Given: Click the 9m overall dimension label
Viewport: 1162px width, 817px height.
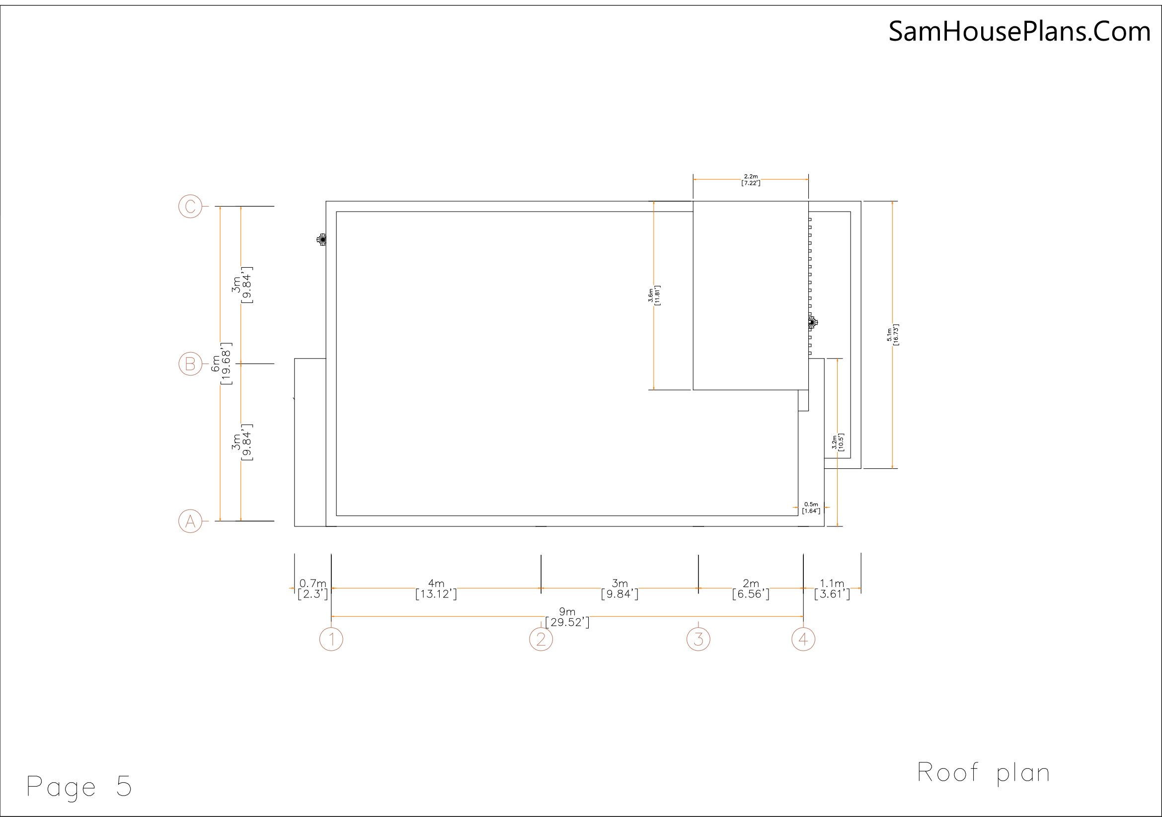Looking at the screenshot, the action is click(567, 618).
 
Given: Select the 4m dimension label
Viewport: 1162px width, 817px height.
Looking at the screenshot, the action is click(436, 590).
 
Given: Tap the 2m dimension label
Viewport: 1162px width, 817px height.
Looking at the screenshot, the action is click(751, 590).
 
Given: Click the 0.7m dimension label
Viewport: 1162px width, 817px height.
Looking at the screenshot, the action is click(313, 590).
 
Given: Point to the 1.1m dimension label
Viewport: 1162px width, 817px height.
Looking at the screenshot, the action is click(832, 590).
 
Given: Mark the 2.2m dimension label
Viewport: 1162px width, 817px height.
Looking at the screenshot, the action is click(751, 180).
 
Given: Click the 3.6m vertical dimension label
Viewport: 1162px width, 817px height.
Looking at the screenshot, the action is click(654, 296).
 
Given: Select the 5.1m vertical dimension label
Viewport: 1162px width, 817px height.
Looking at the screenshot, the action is click(893, 335).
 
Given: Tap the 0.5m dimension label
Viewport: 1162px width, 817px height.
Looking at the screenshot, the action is click(811, 508).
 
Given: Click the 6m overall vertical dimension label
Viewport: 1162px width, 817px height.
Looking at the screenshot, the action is click(222, 364).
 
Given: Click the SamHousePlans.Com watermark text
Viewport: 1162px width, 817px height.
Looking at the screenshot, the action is click(1020, 31).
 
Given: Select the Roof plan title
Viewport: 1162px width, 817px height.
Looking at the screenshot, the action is click(983, 773).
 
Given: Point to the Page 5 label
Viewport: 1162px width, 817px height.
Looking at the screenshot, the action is click(79, 787).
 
